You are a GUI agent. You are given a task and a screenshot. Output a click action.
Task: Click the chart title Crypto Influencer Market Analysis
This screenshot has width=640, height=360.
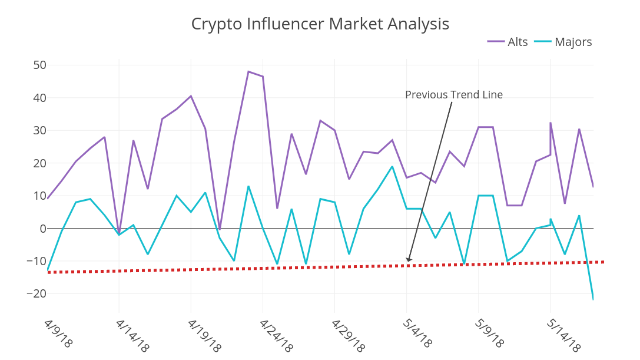coord(320,24)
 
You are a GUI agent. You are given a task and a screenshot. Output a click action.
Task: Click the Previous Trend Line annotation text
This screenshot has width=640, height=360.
coord(453,95)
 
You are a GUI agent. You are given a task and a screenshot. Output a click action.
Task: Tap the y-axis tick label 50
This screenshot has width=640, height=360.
coord(40,65)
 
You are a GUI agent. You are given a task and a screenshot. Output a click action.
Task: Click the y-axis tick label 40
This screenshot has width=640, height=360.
coord(40,98)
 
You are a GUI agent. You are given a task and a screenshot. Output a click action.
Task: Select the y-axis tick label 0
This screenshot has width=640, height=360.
coord(43,229)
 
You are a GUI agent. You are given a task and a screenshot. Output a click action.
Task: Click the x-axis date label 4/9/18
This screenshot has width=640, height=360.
coord(58,334)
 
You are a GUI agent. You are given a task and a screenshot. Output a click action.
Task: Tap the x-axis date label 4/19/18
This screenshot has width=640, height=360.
coord(204,336)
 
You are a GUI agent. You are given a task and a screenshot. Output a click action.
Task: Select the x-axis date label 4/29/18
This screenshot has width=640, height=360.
coord(347,336)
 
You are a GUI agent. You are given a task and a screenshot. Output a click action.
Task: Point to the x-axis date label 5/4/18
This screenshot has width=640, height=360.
coord(417,334)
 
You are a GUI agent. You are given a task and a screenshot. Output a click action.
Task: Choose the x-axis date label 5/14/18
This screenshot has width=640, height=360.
coord(563,336)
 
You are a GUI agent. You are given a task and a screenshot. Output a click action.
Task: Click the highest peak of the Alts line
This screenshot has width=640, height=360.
coord(248,71)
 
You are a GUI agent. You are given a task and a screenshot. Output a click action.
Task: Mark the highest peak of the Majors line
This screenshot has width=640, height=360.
coord(392,166)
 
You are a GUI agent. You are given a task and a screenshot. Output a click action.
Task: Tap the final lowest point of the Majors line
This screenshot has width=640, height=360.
coord(593,299)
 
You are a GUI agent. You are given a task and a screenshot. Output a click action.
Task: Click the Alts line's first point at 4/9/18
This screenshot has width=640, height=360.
coord(48,199)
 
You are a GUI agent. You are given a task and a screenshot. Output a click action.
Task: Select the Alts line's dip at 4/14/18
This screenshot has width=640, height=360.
coord(119,233)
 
